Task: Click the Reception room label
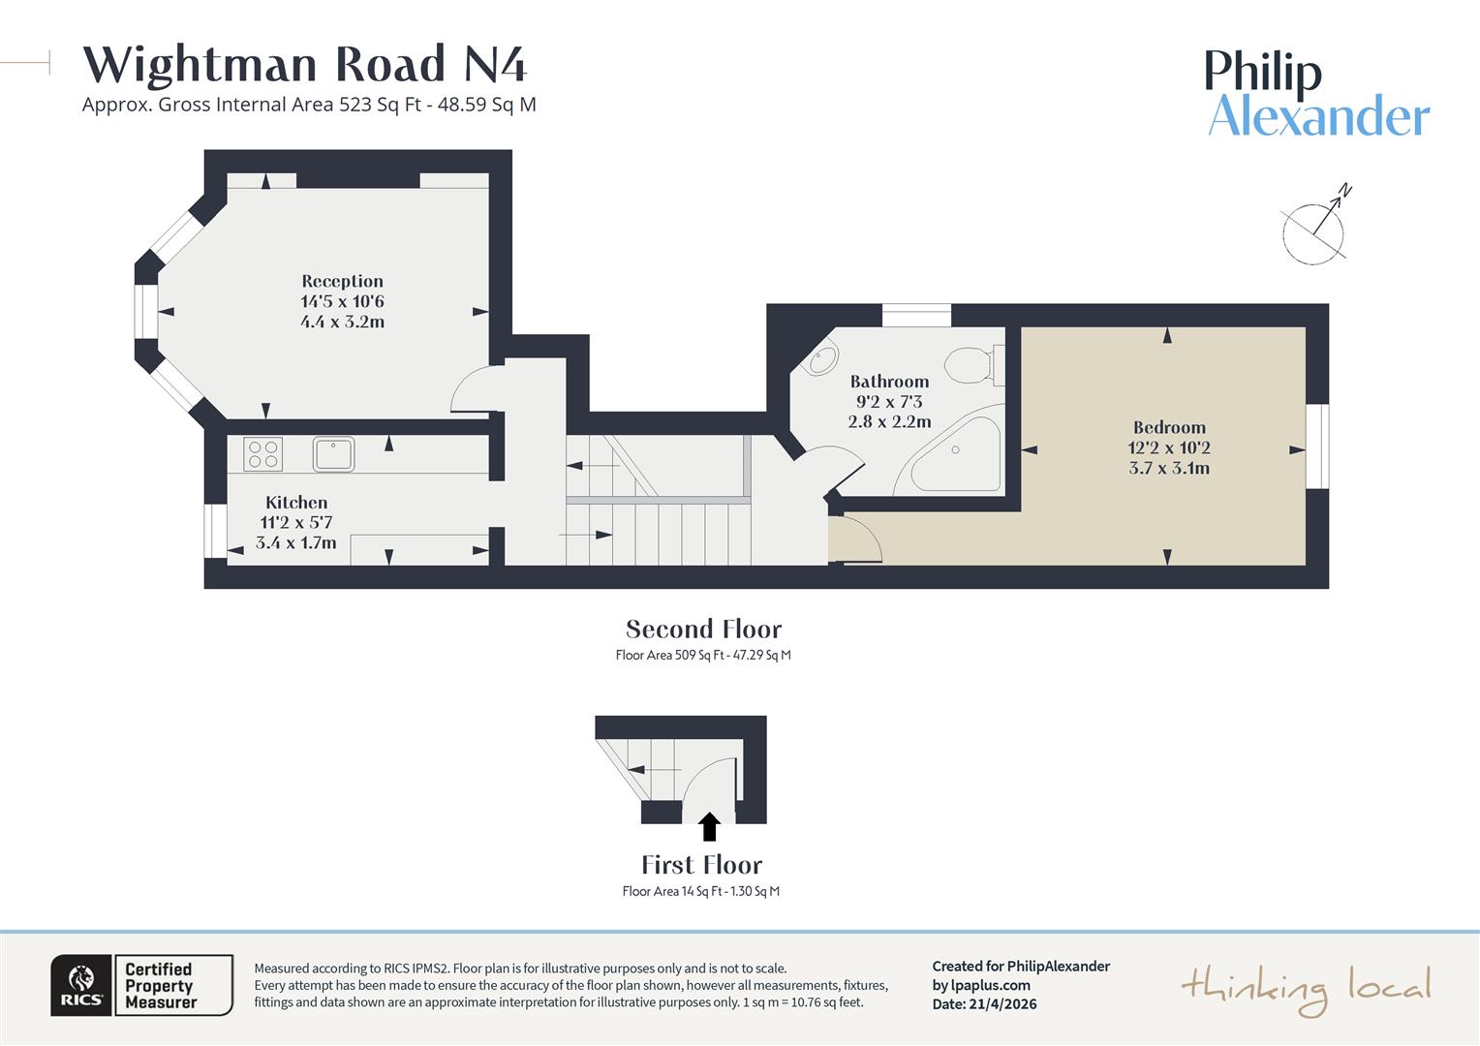point(342,282)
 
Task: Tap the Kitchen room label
point(296,503)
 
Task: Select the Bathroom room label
point(889,382)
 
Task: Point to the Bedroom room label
point(1169,427)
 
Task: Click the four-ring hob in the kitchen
point(263,454)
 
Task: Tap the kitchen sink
point(333,453)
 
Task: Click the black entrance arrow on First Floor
point(709,826)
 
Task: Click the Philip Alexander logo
point(1317,94)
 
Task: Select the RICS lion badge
point(81,985)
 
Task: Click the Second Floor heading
point(703,630)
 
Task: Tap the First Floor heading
point(701,865)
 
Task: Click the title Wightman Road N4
point(305,65)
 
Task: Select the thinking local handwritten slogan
point(1306,989)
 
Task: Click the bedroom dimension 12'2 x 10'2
point(1169,447)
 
